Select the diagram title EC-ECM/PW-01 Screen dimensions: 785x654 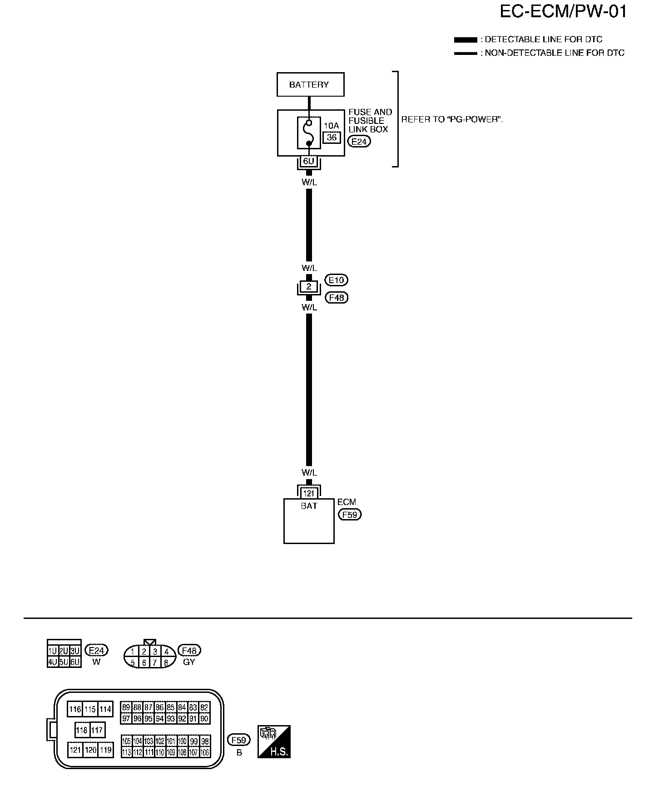tap(563, 12)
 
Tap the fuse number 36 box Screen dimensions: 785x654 tap(332, 137)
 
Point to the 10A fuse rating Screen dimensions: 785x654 tap(332, 126)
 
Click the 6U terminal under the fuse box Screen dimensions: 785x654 tap(309, 161)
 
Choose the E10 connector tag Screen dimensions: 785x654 tap(337, 280)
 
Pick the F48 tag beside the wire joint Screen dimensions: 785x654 tap(337, 298)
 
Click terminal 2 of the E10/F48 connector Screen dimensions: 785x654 tap(309, 286)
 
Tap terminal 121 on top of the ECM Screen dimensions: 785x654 tap(309, 493)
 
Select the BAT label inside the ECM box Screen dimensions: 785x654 tap(309, 505)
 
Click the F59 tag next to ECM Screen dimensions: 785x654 tap(350, 515)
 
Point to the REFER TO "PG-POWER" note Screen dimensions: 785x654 tap(452, 120)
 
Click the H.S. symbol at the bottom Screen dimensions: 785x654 tap(274, 742)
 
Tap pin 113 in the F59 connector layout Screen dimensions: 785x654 tap(126, 752)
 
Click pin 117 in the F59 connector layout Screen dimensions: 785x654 tap(97, 730)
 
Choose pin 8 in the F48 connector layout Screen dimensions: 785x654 tap(166, 662)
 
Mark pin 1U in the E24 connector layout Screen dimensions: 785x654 tap(53, 651)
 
